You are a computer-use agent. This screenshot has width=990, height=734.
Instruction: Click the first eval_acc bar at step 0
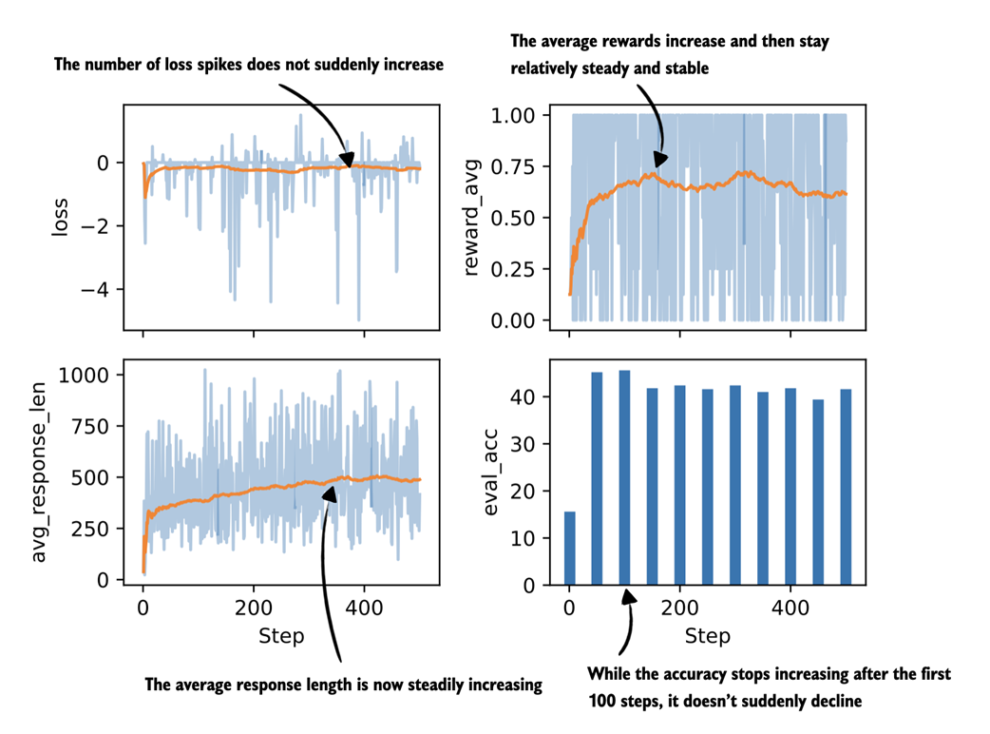[569, 548]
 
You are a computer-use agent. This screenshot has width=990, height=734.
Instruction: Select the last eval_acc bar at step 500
[845, 487]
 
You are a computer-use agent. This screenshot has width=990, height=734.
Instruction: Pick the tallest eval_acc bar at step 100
[624, 477]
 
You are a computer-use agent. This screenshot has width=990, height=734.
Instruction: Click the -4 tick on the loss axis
[98, 289]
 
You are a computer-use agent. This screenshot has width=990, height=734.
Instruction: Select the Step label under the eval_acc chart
[707, 635]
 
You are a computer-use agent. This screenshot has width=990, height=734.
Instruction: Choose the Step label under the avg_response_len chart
[281, 635]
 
